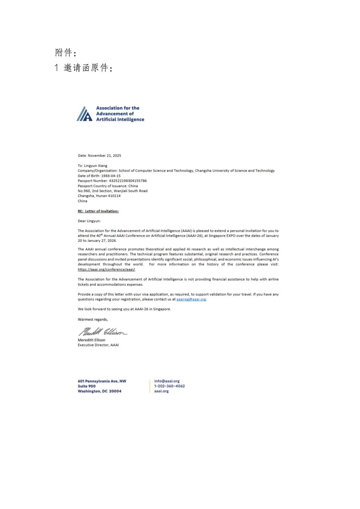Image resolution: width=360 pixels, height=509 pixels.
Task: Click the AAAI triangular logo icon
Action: point(84,114)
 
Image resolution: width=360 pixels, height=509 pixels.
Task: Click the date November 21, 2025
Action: point(104,155)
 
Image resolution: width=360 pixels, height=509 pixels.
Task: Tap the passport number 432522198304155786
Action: point(128,181)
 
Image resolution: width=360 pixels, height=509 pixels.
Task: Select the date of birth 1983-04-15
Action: point(111,176)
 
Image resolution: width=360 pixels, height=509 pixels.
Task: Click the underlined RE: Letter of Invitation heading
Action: point(98,211)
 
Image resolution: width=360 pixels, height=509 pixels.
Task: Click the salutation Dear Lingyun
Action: point(89,221)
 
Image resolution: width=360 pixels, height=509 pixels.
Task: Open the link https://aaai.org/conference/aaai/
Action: point(107,270)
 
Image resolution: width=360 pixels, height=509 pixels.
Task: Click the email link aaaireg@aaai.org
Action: point(191,299)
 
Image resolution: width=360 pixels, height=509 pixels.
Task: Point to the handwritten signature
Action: point(102,331)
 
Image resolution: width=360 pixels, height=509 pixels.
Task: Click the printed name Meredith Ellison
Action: point(91,340)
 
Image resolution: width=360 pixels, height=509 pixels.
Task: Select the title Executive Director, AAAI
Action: point(98,345)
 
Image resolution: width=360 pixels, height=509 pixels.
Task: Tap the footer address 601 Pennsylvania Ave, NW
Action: point(102,381)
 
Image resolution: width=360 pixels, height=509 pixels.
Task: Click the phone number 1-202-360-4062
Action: point(169,386)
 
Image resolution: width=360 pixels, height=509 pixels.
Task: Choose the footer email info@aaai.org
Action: point(167,381)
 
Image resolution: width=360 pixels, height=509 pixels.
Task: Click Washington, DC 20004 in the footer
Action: point(99,391)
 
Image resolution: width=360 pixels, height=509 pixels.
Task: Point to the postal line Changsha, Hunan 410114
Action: point(99,196)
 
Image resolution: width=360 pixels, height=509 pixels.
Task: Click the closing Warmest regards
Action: point(93,320)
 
